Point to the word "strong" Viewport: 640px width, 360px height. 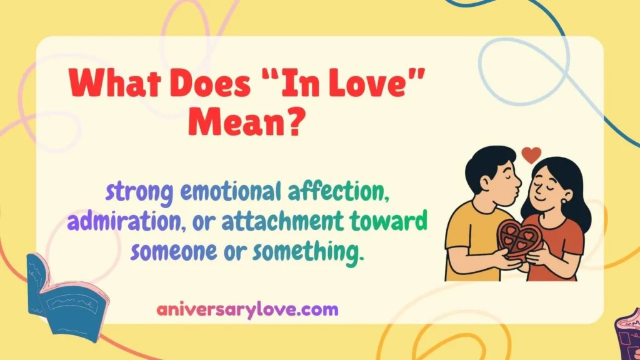point(139,193)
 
